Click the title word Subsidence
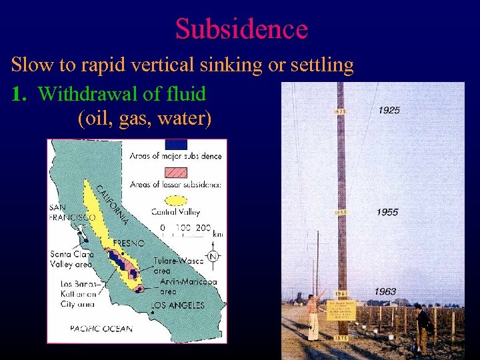[x=241, y=29]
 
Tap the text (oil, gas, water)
[x=145, y=119]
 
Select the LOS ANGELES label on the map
[x=177, y=305]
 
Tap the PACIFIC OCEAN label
[x=101, y=328]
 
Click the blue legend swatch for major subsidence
[x=176, y=144]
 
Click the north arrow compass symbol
[x=213, y=256]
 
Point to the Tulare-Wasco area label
[x=175, y=265]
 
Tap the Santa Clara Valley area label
[x=71, y=259]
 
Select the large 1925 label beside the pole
[x=389, y=110]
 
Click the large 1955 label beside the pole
[x=387, y=212]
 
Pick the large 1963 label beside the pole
[x=385, y=291]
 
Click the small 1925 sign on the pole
[x=339, y=111]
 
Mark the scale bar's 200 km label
[x=203, y=227]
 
